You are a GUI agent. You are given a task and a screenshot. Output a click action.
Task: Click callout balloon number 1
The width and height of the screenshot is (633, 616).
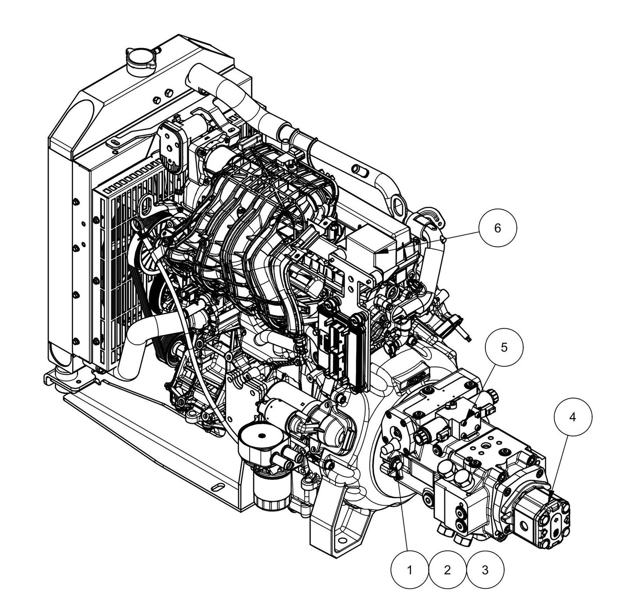(409, 570)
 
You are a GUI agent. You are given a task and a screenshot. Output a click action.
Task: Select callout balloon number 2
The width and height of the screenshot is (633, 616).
(447, 570)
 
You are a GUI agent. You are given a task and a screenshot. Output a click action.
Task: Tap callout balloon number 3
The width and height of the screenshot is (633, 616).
(485, 570)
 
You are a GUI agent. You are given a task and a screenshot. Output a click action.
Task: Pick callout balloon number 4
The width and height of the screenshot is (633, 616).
(572, 418)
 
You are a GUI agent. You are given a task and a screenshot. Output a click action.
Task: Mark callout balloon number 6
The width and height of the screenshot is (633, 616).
(497, 228)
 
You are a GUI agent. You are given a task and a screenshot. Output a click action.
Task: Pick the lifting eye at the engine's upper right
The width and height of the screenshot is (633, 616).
(399, 204)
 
